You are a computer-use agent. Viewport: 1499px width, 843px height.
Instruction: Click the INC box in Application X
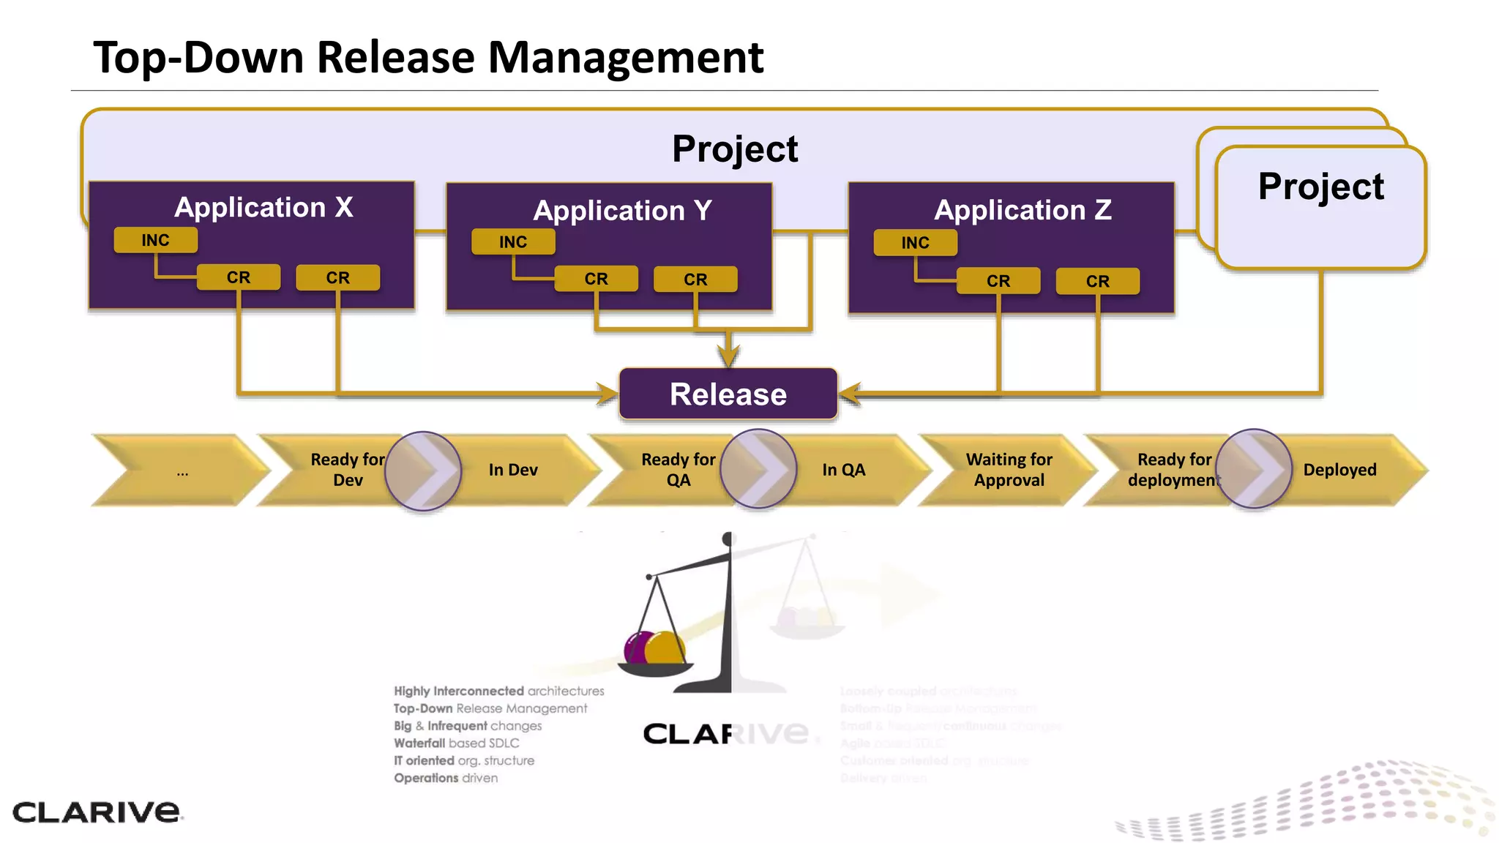click(x=155, y=240)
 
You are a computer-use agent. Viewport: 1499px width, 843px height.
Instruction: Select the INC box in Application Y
click(x=513, y=241)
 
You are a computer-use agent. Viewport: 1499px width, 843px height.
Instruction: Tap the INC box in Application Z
click(x=915, y=242)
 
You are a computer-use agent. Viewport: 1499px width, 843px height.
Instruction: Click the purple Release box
click(x=728, y=394)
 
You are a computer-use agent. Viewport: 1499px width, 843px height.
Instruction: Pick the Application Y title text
click(x=622, y=211)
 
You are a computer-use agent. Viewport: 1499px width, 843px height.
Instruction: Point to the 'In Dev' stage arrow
click(x=513, y=470)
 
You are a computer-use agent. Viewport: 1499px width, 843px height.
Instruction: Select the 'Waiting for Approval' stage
click(x=1009, y=470)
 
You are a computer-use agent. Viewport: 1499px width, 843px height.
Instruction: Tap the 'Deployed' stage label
click(x=1339, y=470)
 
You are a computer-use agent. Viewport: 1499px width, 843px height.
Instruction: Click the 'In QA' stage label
click(x=843, y=470)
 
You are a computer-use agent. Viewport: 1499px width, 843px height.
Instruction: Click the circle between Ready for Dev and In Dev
click(x=423, y=471)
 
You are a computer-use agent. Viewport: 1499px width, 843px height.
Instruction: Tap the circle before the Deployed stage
click(x=1254, y=469)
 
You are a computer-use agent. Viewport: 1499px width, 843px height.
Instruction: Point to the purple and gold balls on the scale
click(x=654, y=647)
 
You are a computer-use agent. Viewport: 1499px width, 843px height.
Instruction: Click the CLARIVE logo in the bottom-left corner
click(x=96, y=812)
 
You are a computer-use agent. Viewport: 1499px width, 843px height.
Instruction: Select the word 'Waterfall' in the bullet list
click(x=419, y=743)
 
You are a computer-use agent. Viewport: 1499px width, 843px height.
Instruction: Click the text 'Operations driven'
click(x=446, y=778)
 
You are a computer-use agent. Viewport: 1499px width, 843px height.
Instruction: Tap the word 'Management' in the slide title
click(x=625, y=57)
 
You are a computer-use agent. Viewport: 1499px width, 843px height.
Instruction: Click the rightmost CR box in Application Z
click(x=1097, y=281)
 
